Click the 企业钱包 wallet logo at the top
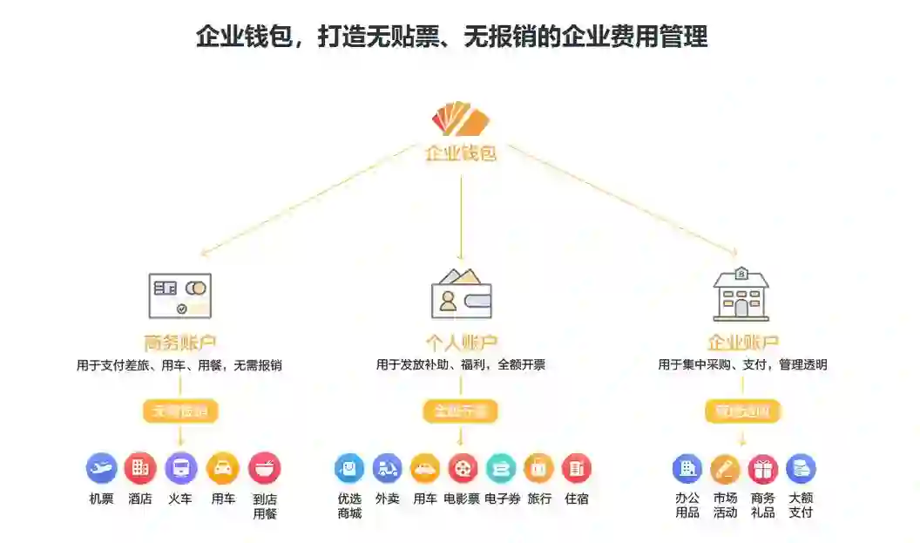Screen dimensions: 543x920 tap(460, 119)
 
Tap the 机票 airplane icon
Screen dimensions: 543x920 tap(101, 468)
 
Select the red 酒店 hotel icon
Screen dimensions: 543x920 tap(139, 468)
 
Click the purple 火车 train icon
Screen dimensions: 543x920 tap(180, 468)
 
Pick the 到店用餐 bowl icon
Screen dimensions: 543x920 tap(264, 468)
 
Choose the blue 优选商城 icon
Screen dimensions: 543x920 tap(349, 468)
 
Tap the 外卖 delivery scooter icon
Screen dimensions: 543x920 tap(387, 468)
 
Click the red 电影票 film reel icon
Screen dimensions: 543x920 tap(463, 468)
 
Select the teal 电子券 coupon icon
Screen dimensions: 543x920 tap(501, 468)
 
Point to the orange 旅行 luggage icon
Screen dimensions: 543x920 tap(538, 468)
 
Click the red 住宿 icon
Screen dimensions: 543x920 tap(576, 468)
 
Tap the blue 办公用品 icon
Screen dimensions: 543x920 tap(687, 469)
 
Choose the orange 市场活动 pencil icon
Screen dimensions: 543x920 tap(725, 469)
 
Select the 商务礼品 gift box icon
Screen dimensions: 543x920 tap(762, 469)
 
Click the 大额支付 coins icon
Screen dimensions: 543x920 tap(801, 469)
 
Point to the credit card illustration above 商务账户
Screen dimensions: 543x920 tap(180, 295)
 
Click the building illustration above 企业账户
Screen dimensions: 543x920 tap(741, 294)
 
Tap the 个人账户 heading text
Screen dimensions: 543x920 tap(461, 342)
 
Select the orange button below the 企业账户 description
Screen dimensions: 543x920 tap(742, 411)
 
